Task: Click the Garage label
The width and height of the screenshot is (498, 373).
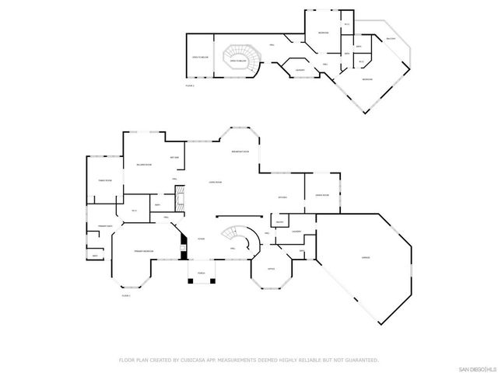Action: (365, 256)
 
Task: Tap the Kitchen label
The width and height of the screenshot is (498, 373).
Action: (283, 197)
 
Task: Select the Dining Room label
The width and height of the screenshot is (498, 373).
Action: (321, 195)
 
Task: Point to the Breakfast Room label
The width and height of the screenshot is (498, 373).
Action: (240, 151)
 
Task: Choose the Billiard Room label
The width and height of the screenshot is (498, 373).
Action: (143, 165)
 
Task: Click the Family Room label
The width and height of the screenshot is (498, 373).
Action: (105, 180)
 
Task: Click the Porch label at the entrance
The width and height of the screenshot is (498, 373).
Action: (201, 273)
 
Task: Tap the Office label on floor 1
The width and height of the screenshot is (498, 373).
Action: (272, 269)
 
